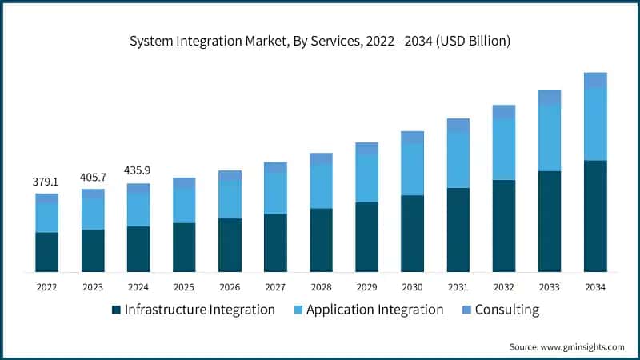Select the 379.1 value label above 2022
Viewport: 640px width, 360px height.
point(46,182)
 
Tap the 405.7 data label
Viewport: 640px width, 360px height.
point(93,177)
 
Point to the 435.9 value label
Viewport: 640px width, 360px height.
point(138,171)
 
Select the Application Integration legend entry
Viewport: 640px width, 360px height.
point(374,310)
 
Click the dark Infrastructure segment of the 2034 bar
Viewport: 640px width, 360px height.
point(594,216)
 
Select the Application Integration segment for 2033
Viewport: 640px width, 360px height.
point(549,138)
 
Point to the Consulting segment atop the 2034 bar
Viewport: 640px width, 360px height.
point(594,80)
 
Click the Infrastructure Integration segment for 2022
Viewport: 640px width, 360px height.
point(46,252)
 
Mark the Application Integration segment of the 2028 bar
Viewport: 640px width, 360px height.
point(321,186)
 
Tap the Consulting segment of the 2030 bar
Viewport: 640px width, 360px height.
point(412,138)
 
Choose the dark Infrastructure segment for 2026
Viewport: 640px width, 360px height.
point(230,245)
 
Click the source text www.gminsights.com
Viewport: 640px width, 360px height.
point(566,346)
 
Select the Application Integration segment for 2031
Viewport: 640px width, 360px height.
point(458,160)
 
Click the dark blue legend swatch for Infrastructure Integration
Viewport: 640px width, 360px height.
point(117,310)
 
